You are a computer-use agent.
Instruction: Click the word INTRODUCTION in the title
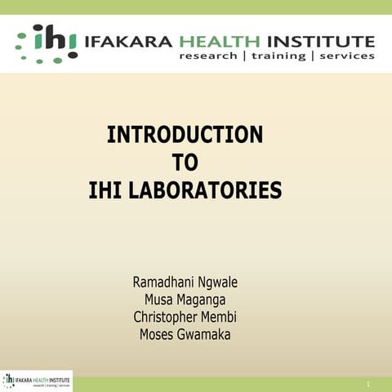[x=185, y=135]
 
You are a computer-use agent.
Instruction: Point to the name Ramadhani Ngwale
[x=185, y=283]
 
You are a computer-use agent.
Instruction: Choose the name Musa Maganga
[x=185, y=300]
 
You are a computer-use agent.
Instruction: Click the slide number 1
[x=368, y=383]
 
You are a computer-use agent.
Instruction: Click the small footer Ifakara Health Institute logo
[x=37, y=381]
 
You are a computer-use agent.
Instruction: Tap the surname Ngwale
[x=215, y=283]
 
